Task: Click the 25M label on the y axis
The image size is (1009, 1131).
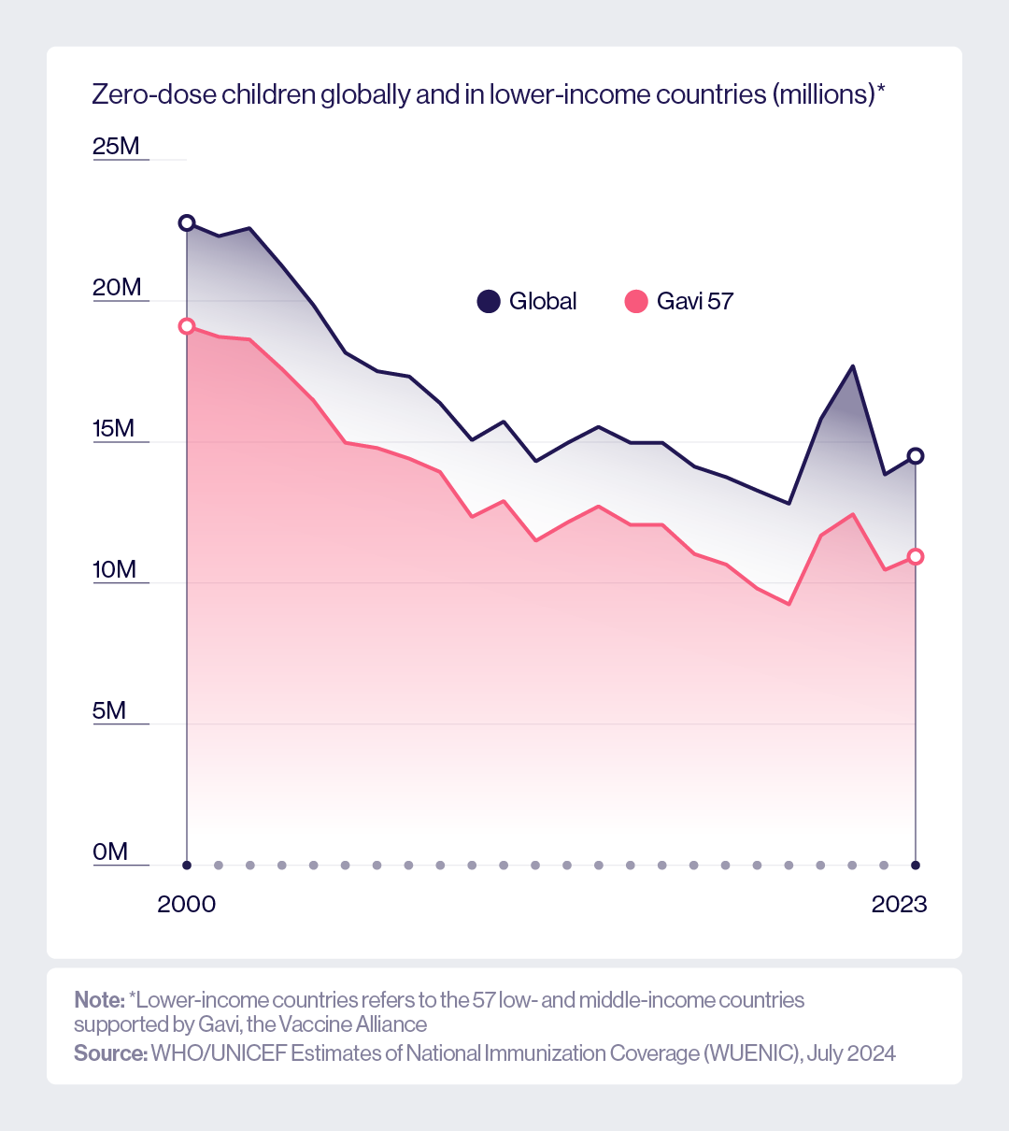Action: [x=116, y=146]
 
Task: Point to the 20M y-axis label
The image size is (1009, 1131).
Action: [x=117, y=287]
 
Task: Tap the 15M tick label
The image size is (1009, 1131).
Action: [x=113, y=428]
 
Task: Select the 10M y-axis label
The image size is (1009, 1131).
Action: [x=114, y=569]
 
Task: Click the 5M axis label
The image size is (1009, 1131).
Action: [x=109, y=710]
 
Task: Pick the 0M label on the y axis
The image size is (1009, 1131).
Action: [x=109, y=852]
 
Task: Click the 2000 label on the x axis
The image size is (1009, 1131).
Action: [x=187, y=904]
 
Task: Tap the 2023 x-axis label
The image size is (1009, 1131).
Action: [x=900, y=904]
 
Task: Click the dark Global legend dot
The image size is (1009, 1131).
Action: [x=489, y=301]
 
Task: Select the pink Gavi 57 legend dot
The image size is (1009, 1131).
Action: [x=636, y=301]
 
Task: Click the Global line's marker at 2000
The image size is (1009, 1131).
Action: [x=187, y=222]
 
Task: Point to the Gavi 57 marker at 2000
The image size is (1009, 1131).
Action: [x=187, y=326]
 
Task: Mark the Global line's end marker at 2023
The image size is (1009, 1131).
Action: [x=916, y=455]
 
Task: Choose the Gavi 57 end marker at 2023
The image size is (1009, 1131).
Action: [x=916, y=556]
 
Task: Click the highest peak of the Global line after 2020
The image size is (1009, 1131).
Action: [x=852, y=365]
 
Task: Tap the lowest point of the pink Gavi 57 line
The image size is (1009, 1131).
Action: [x=789, y=604]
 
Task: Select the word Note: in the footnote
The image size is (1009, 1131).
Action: [x=99, y=999]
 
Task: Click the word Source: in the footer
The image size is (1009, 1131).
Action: [x=110, y=1053]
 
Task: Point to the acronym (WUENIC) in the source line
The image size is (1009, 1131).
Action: [x=753, y=1053]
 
